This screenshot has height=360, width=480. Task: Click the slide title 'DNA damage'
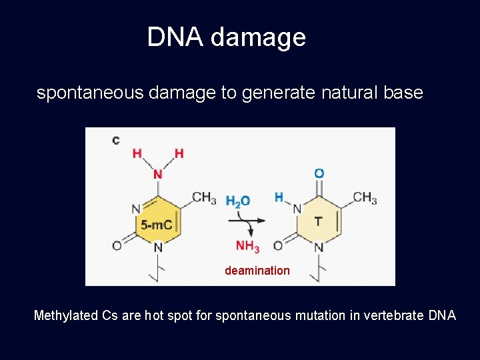pos(226,37)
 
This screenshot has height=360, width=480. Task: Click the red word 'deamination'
pos(257,271)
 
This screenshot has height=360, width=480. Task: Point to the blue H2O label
pos(238,201)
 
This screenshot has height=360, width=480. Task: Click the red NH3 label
pos(247,247)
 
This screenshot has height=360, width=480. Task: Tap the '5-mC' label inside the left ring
pos(157,225)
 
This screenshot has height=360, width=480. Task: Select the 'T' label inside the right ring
pos(318,221)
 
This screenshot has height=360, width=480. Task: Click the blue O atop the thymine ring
pos(319,173)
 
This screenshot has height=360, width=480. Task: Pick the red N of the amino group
pos(158,174)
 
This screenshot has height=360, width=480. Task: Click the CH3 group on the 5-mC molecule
pos(204,197)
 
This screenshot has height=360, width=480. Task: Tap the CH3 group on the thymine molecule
pos(365,197)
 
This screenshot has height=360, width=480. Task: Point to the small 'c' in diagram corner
pos(116,140)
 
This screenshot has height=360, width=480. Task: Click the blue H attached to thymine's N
pos(279,197)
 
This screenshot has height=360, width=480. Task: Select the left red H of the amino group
pos(137,153)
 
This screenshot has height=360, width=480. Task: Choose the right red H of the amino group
pos(179,153)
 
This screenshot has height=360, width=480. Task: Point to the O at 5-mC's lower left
pos(117,246)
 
